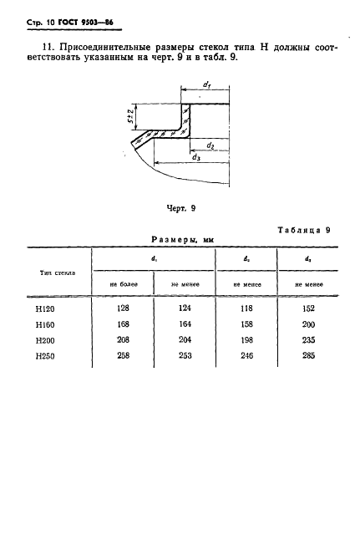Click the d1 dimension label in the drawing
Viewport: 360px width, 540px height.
[206, 84]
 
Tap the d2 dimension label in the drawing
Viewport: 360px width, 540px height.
[210, 145]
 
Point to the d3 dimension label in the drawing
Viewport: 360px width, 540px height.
[196, 157]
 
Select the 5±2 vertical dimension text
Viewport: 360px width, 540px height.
[130, 117]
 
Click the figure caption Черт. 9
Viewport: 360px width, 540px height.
[181, 208]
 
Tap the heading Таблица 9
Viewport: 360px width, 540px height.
[304, 230]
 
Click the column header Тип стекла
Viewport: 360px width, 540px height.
[58, 273]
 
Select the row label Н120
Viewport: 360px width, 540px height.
[45, 309]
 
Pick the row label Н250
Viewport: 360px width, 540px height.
[45, 356]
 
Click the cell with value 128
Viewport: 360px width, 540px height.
[123, 308]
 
